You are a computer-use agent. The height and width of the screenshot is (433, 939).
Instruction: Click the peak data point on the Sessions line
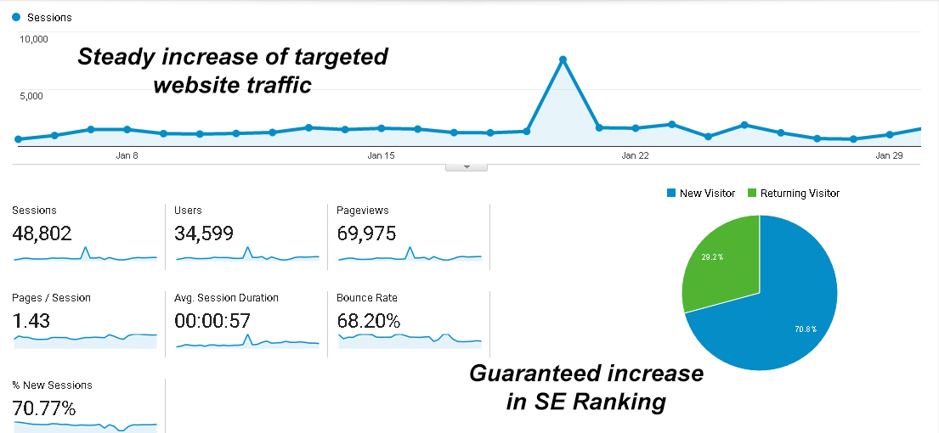coord(563,59)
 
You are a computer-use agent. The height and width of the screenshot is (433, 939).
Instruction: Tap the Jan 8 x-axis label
coord(127,155)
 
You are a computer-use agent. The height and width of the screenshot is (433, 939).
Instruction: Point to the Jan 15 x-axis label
coord(381,155)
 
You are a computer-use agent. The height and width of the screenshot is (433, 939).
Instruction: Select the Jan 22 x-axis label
coord(635,155)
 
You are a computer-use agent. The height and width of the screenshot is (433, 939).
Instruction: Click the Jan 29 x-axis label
coord(889,155)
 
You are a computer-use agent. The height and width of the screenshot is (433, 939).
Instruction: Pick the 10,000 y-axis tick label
coord(35,39)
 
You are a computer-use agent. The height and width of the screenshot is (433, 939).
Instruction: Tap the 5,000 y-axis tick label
coord(32,96)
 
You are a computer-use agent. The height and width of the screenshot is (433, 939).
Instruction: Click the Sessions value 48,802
coord(42,233)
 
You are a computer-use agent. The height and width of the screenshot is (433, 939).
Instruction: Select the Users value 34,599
coord(203,233)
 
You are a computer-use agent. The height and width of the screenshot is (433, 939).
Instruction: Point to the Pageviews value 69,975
coord(366,233)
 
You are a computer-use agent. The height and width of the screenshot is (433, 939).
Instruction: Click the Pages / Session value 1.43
coord(31,321)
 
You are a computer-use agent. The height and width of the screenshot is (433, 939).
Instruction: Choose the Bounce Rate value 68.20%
coord(368,321)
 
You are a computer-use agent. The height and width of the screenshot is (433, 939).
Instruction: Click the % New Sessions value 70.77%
coord(43,408)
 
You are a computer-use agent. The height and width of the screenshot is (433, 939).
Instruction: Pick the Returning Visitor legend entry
coord(793,194)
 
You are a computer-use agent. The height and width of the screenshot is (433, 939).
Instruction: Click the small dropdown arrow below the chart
coord(466,167)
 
